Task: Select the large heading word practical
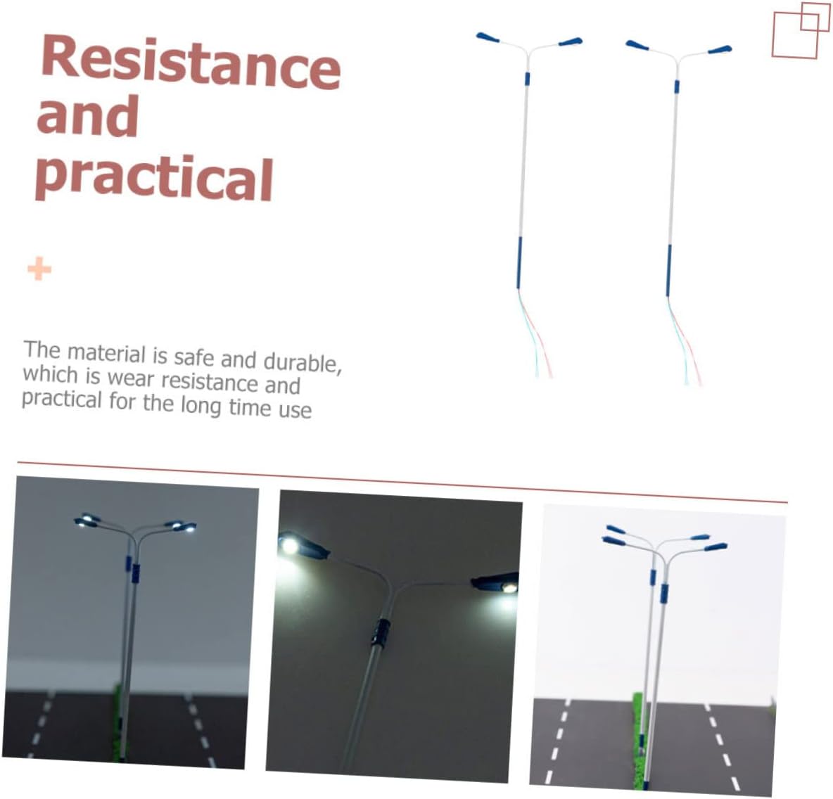point(154,177)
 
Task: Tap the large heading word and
point(88,116)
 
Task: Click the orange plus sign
point(39,269)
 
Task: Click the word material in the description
point(106,353)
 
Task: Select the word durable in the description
point(300,362)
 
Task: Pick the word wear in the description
point(131,378)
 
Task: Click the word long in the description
point(201,406)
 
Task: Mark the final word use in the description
point(296,410)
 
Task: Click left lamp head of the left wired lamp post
point(488,38)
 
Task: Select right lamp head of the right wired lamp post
point(720,51)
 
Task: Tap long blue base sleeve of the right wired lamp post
point(668,270)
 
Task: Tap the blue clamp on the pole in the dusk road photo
point(136,573)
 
